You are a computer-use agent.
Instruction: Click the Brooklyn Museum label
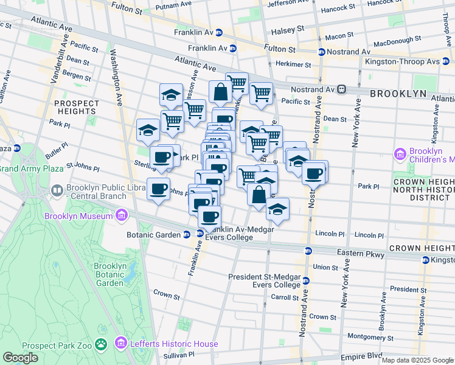pos(78,216)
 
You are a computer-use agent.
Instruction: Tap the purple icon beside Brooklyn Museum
pos(122,215)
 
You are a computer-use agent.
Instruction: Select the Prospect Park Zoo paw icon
pos(101,345)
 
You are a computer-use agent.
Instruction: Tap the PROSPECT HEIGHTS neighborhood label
pos(76,108)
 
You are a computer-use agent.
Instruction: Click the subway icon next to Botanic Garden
pos(189,234)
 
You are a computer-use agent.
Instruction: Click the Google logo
pos(20,358)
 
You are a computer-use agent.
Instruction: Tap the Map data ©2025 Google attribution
pos(417,360)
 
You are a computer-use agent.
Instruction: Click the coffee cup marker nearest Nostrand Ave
pos(314,173)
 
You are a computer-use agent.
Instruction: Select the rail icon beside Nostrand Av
pos(342,89)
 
